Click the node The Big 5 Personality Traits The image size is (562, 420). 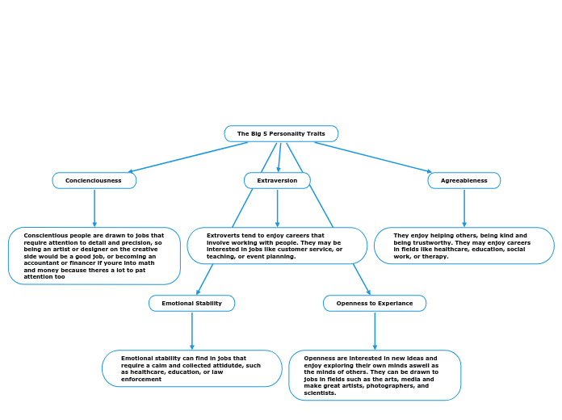coord(281,133)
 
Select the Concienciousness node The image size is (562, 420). coord(94,181)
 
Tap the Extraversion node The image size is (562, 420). coord(277,181)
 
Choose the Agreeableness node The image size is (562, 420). coord(464,181)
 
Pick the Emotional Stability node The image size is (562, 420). coord(191,304)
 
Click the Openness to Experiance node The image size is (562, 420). coord(375,304)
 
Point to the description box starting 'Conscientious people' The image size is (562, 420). coord(94,256)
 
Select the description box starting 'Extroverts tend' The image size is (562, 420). coord(277,246)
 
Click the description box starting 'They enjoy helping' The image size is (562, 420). coord(464,246)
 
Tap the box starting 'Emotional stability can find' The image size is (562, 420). coord(191,368)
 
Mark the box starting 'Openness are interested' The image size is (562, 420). coord(375,375)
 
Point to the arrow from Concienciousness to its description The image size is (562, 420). coord(94,208)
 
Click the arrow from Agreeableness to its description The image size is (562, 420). coord(464,208)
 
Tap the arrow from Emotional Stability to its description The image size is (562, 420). coord(192,330)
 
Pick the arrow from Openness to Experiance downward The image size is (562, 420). coord(375,330)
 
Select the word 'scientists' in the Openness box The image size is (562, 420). coord(321,393)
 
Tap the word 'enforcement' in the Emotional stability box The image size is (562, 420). coord(141,379)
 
